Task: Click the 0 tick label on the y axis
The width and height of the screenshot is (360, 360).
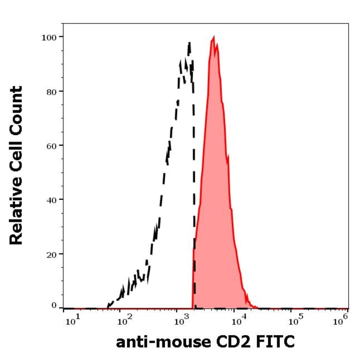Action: pos(55,306)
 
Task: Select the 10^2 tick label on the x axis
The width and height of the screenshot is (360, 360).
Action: pos(125,322)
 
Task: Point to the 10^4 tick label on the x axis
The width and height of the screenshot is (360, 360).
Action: pos(238,322)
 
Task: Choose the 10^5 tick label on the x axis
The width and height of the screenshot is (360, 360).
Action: pos(295,322)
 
